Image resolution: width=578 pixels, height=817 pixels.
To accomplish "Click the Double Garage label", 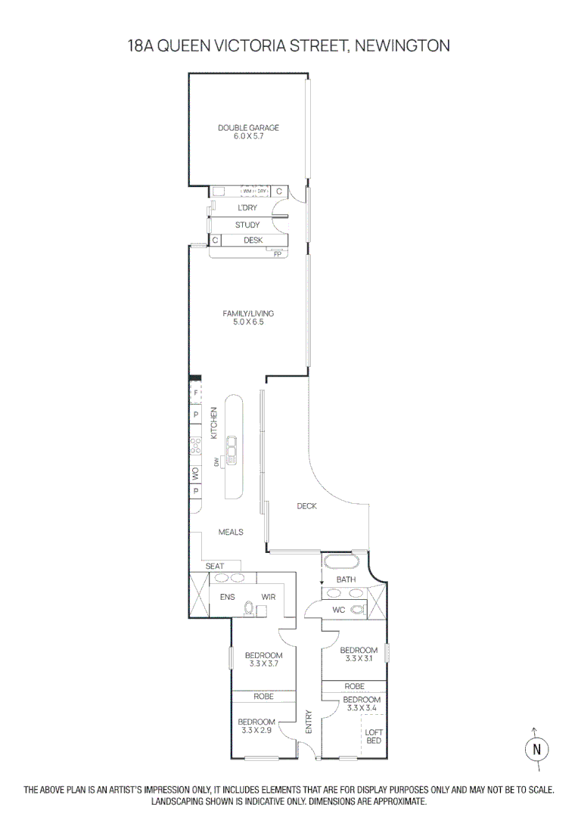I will [x=248, y=132].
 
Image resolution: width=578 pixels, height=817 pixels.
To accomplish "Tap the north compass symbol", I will [x=536, y=749].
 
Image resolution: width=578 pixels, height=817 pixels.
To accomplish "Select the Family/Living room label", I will [x=248, y=318].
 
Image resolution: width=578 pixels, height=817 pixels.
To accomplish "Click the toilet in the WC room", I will [x=358, y=608].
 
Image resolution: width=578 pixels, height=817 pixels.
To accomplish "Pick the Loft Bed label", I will [x=374, y=736].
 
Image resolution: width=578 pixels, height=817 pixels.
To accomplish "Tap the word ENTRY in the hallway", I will [x=308, y=722].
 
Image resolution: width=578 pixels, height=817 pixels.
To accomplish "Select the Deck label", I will [x=306, y=506].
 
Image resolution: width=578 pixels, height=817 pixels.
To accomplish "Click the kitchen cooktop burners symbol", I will [x=195, y=446].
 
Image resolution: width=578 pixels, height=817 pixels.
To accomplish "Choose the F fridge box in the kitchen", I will [x=195, y=393].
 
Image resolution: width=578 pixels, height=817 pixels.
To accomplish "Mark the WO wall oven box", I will [x=195, y=474].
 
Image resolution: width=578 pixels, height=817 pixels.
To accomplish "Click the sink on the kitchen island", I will [x=233, y=451].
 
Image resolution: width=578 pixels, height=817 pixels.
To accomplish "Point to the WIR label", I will [x=268, y=597].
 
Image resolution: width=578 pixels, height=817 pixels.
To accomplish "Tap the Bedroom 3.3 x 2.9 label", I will [x=256, y=726].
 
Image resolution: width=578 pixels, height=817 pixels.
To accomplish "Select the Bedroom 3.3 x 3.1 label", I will [x=359, y=654].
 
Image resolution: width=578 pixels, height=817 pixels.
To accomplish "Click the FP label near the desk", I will [x=278, y=254].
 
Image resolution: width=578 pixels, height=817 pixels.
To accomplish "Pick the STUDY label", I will [x=247, y=225].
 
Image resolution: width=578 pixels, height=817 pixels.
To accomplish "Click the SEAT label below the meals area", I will [x=215, y=567].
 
